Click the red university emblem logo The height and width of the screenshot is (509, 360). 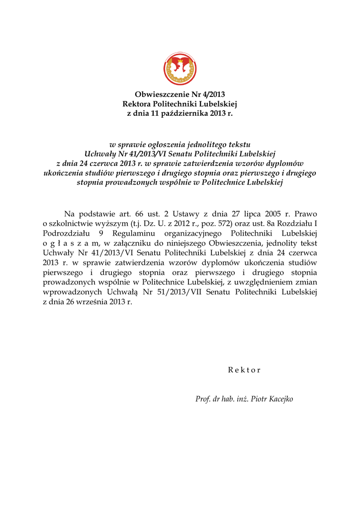pos(180,69)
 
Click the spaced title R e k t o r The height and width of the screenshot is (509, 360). pos(244,370)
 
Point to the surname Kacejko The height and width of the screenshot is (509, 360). pos(280,399)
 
